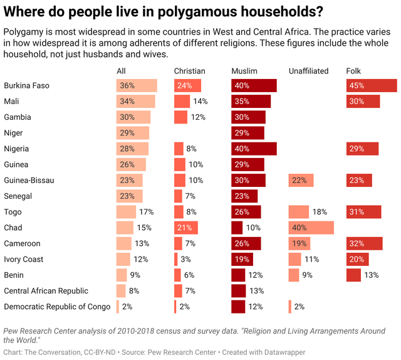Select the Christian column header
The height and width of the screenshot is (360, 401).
pyautogui.click(x=189, y=71)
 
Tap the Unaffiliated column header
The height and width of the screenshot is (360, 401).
pyautogui.click(x=308, y=71)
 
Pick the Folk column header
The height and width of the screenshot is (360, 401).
pyautogui.click(x=353, y=71)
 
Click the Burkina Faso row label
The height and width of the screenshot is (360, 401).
pyautogui.click(x=26, y=86)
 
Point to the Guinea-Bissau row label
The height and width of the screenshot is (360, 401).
pyautogui.click(x=29, y=180)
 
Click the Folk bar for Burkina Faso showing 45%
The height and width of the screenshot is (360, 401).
pyautogui.click(x=372, y=86)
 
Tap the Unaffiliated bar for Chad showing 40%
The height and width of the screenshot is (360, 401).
pyautogui.click(x=311, y=228)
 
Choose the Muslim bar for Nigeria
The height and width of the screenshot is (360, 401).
pyautogui.click(x=254, y=149)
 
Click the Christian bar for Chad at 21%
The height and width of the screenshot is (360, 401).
pyautogui.click(x=186, y=228)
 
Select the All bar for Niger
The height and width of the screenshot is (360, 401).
pyautogui.click(x=133, y=133)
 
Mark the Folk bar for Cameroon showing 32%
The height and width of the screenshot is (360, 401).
pyautogui.click(x=364, y=243)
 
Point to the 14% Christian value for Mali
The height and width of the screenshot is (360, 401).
pyautogui.click(x=200, y=102)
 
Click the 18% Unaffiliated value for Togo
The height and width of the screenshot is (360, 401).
pyautogui.click(x=320, y=212)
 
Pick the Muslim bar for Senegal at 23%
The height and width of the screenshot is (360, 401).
pyautogui.click(x=244, y=196)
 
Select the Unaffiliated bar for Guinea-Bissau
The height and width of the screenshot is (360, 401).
pyautogui.click(x=301, y=180)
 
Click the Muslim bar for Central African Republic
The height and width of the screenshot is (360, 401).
pyautogui.click(x=239, y=290)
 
